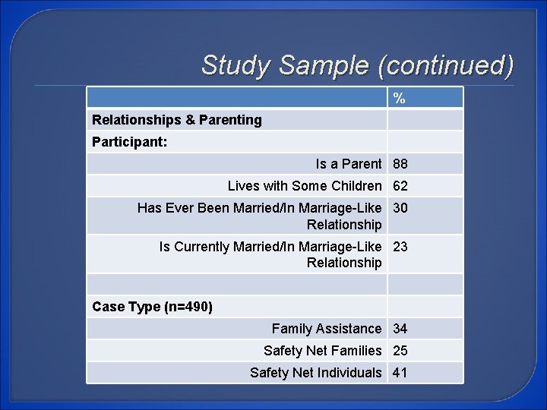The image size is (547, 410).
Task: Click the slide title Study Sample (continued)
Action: (357, 65)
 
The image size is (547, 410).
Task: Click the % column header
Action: (399, 98)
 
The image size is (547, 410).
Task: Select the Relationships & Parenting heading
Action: (176, 120)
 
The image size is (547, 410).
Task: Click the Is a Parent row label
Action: (349, 164)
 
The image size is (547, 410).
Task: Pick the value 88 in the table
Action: (400, 164)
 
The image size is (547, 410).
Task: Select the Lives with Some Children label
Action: (305, 186)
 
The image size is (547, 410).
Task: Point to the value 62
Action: (400, 186)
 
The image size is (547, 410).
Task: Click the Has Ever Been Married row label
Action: (259, 216)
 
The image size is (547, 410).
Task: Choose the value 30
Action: (400, 208)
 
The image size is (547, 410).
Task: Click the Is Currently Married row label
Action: (270, 254)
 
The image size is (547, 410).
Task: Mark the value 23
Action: (400, 246)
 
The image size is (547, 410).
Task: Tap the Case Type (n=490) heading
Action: (152, 307)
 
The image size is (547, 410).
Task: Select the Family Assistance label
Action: (327, 329)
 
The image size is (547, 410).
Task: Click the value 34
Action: (400, 329)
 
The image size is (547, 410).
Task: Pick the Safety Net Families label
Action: (322, 351)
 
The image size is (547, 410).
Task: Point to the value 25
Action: (400, 351)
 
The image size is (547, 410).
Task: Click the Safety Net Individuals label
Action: (315, 373)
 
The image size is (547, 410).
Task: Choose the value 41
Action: (400, 373)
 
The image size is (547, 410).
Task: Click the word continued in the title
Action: (447, 65)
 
